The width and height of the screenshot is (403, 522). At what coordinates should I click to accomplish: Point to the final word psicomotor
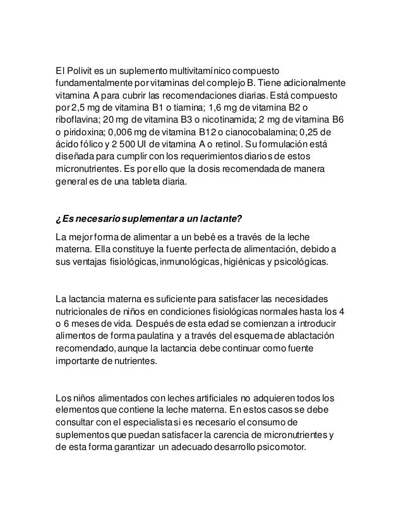pos(282,448)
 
